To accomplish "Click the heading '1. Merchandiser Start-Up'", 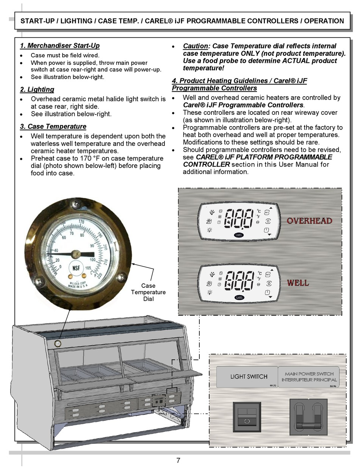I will coord(59,46).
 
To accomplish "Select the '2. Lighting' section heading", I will coord(37,90).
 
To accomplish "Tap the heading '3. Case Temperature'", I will coord(53,126).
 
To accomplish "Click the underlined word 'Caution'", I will coord(196,46).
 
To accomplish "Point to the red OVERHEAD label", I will coord(309,221).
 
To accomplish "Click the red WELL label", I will coord(298,283).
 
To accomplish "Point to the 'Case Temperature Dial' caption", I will coord(148,292).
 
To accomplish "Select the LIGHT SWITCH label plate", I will coord(249,377).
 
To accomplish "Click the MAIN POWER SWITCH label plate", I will coord(309,377).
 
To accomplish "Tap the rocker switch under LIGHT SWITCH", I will coord(246,417).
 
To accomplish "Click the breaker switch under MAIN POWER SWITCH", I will coord(308,417).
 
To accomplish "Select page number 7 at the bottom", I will coord(178,461).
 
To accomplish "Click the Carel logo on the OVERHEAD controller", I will coord(239,234).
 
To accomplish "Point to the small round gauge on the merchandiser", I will coord(58,344).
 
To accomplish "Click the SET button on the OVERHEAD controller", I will coord(267,212).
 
